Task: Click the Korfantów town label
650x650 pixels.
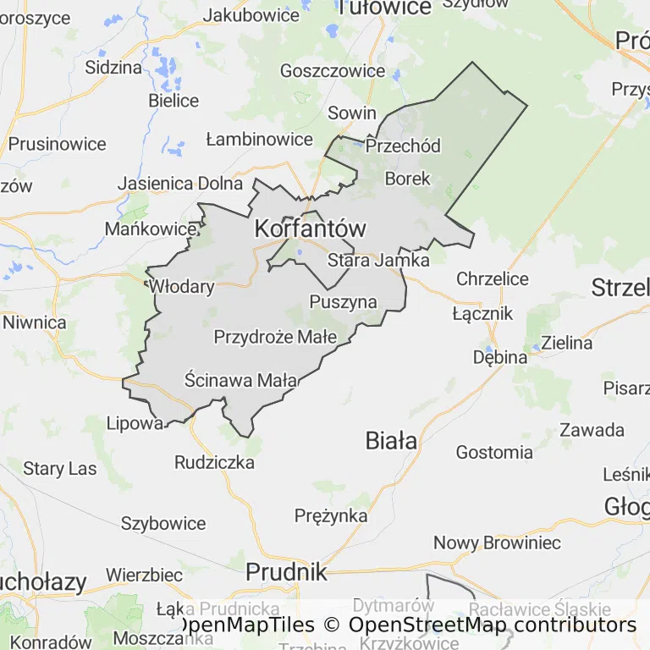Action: click(x=311, y=229)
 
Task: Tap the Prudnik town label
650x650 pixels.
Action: click(x=286, y=572)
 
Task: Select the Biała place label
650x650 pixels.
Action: click(x=391, y=440)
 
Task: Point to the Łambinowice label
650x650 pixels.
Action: click(x=260, y=139)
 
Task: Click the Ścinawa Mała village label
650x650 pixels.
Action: click(x=241, y=380)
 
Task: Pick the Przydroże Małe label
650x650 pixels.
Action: click(x=275, y=337)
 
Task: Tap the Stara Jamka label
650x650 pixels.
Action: click(x=378, y=260)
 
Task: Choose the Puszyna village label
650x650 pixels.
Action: click(x=343, y=301)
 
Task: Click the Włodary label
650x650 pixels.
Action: click(x=182, y=286)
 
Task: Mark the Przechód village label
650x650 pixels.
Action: click(x=403, y=146)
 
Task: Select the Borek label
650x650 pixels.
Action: click(x=407, y=179)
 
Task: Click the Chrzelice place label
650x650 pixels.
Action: click(x=492, y=278)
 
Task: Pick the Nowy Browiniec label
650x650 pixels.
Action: click(x=497, y=543)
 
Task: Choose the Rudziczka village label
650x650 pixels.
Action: click(x=214, y=462)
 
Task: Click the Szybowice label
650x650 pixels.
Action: click(x=163, y=523)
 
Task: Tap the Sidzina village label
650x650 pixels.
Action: click(x=113, y=68)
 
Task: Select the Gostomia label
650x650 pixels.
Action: click(x=494, y=452)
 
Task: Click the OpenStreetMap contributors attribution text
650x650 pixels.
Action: click(x=492, y=625)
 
